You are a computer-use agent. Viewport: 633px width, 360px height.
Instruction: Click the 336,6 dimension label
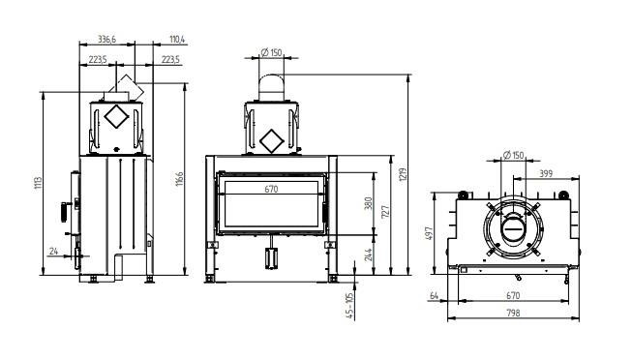(x=106, y=39)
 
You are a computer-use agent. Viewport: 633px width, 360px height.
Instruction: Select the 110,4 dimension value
(x=177, y=39)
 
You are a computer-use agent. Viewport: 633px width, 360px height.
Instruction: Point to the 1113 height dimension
(x=38, y=183)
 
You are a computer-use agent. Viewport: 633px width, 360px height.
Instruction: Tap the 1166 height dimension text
(x=180, y=179)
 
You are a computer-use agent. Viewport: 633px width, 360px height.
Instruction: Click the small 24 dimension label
(x=53, y=251)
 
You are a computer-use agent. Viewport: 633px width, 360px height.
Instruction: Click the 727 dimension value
(x=385, y=212)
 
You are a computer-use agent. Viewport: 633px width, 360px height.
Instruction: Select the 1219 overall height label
(x=403, y=175)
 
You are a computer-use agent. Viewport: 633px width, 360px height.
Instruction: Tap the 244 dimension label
(x=368, y=255)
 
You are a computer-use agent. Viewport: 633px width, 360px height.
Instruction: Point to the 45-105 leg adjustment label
(x=349, y=306)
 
